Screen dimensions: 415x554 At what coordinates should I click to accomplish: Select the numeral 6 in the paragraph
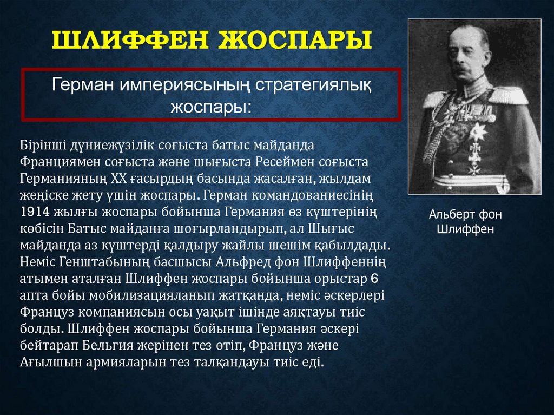click(x=375, y=279)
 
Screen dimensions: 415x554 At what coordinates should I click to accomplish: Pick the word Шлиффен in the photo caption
click(x=465, y=229)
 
